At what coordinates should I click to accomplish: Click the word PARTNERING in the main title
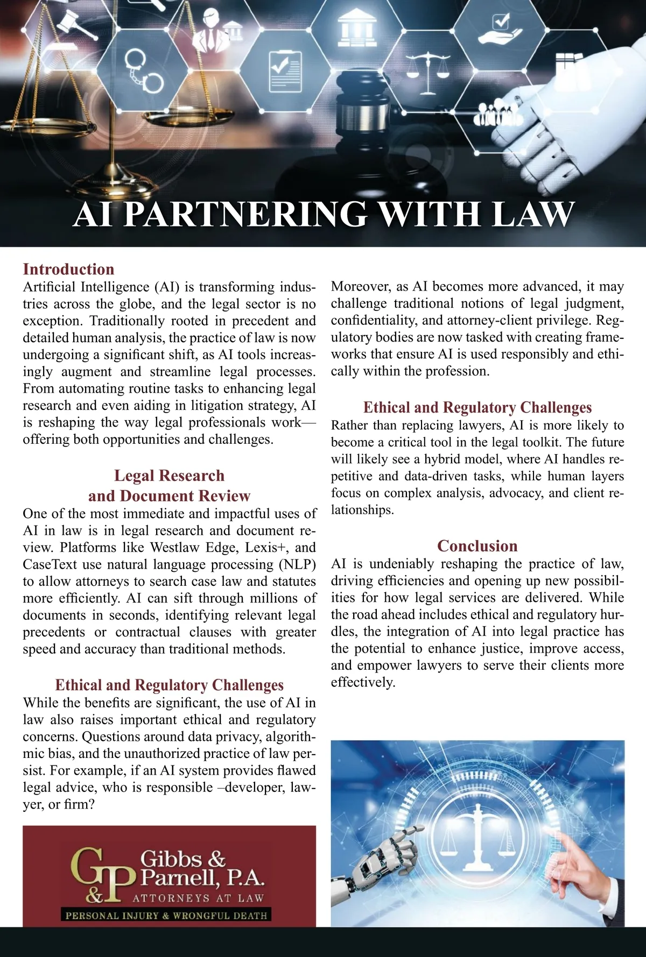click(245, 214)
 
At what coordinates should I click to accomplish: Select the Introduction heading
click(68, 269)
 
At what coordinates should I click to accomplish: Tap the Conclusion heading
click(477, 545)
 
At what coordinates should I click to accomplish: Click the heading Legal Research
click(169, 476)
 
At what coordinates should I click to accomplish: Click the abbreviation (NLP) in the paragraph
click(297, 564)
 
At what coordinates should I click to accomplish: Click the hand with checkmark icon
click(500, 29)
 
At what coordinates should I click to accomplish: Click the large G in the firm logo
click(88, 865)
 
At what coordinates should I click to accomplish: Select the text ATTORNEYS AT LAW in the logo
click(198, 898)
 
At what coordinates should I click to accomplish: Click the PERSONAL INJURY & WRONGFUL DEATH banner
click(166, 915)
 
